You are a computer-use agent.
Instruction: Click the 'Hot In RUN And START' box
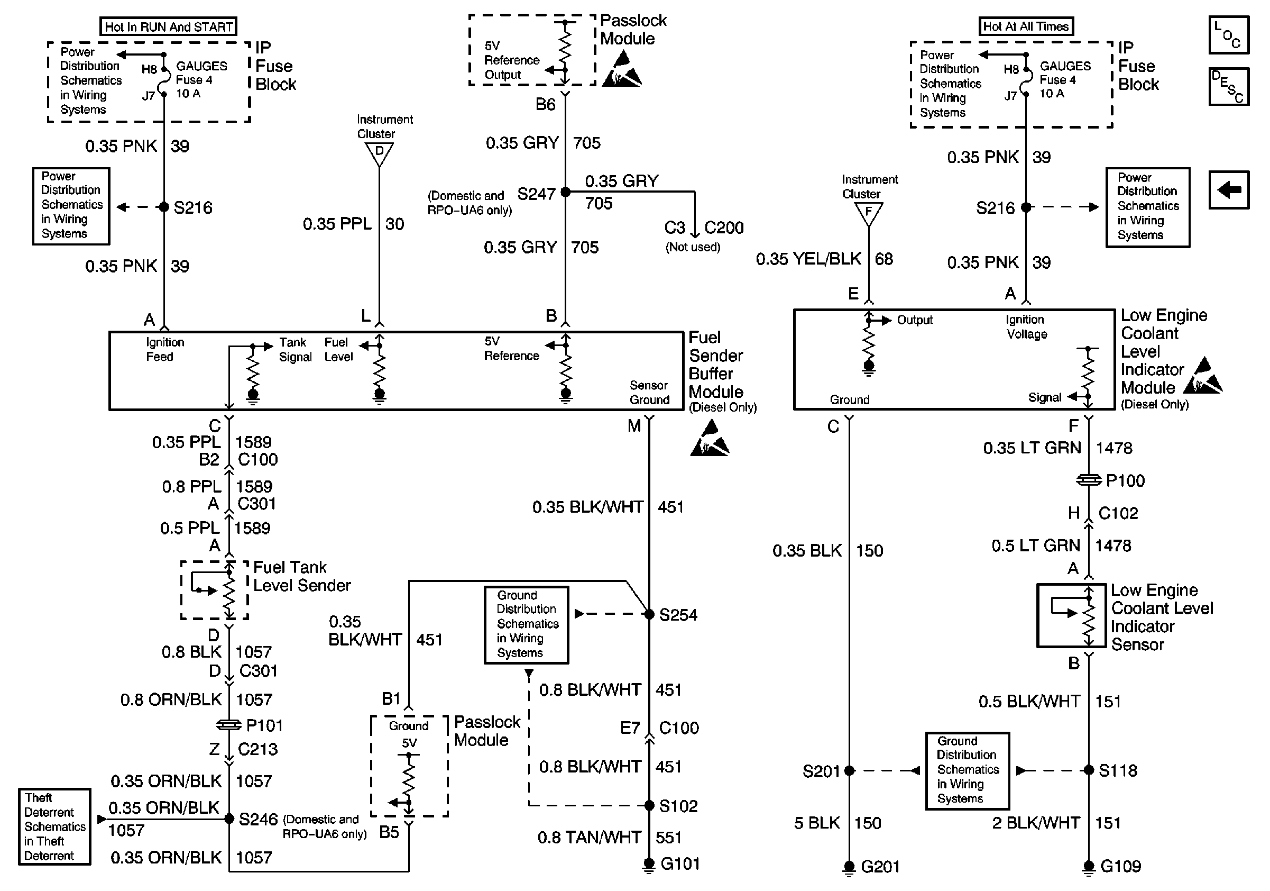coord(168,26)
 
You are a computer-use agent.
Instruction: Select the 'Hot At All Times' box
coord(1026,26)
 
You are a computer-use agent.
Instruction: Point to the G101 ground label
coord(680,864)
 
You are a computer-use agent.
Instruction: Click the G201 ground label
coord(880,867)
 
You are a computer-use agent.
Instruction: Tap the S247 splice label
coord(536,194)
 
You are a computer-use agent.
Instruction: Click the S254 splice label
coord(678,615)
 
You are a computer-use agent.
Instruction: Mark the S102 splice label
coord(678,806)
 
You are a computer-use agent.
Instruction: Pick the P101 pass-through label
coord(264,725)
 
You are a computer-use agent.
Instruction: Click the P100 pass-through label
coord(1125,480)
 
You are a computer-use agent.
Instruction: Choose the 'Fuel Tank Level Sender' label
coord(301,576)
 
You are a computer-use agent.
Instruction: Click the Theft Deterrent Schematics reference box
coord(54,826)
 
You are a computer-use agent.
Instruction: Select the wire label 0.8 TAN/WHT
coord(589,838)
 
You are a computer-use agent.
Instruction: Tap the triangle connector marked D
coord(379,153)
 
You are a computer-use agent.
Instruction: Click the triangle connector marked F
coord(868,213)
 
